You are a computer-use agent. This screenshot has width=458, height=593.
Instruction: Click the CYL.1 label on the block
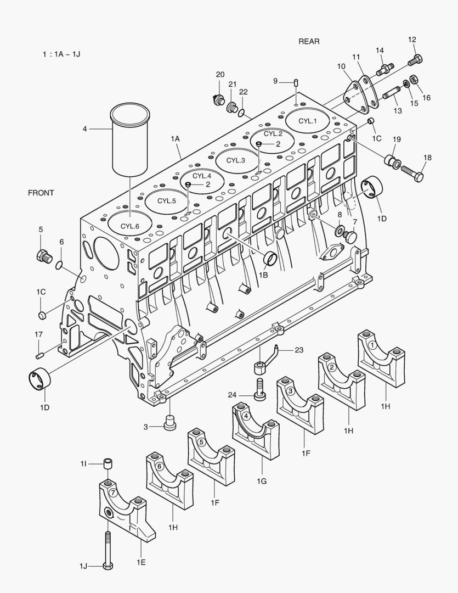point(308,121)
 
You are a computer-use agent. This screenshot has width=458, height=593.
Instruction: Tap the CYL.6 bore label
point(130,226)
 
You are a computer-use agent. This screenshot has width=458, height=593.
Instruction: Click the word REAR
point(309,41)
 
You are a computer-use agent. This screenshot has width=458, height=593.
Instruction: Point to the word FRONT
point(41,193)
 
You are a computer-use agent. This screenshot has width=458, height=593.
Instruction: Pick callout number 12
point(412,40)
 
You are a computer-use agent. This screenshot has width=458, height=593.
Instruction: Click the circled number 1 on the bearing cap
point(372,345)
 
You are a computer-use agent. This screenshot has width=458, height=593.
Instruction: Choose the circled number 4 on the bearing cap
point(246,416)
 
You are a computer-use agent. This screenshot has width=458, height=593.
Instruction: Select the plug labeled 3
point(171,423)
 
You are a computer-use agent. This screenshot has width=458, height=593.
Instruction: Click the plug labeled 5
point(43,255)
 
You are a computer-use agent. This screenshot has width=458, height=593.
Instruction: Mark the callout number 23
point(298,349)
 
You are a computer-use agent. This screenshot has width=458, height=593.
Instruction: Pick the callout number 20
point(220,75)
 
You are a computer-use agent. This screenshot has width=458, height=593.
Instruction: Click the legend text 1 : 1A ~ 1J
point(61,54)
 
